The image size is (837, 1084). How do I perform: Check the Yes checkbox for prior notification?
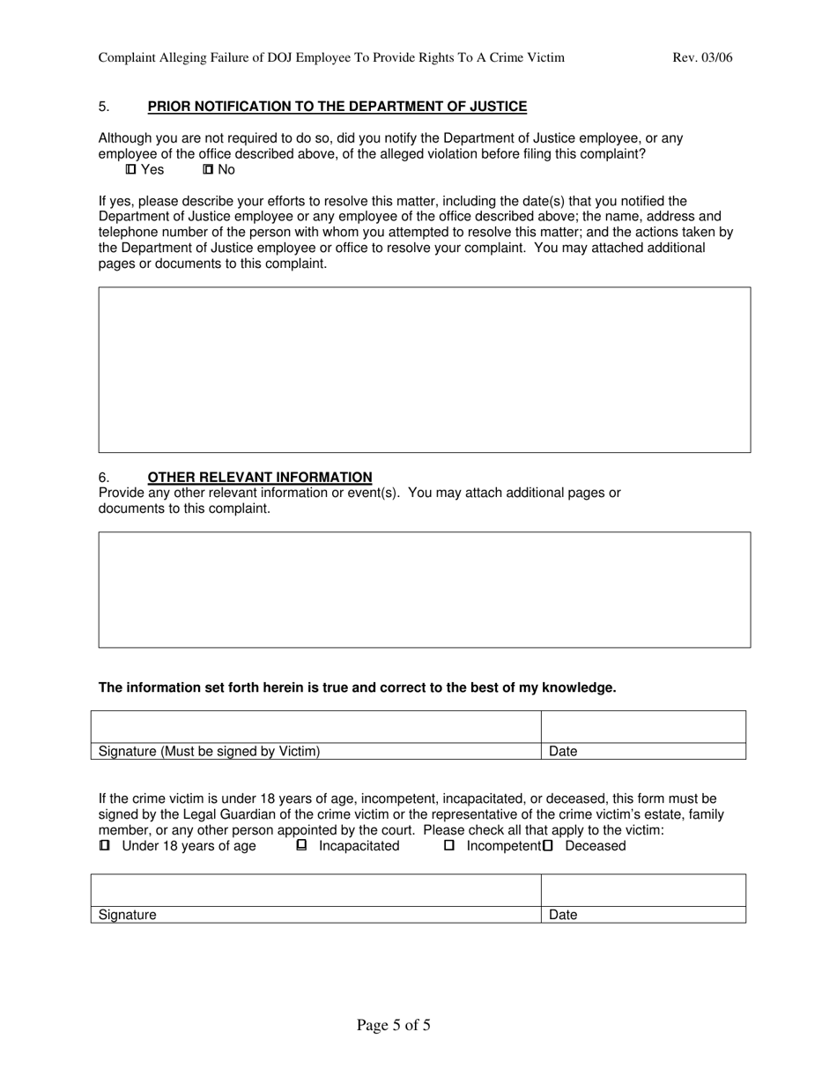click(x=131, y=169)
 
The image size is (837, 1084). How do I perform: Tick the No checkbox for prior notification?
click(x=209, y=169)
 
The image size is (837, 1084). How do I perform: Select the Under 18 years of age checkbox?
click(x=105, y=845)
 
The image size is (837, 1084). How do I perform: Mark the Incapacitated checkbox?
click(x=301, y=845)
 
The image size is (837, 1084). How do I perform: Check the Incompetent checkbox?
click(x=449, y=845)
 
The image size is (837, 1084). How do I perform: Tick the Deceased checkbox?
click(x=548, y=845)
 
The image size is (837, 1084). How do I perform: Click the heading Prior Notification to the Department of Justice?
click(x=337, y=107)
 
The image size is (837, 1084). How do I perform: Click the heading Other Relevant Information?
click(x=259, y=477)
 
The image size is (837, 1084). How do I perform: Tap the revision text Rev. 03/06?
click(x=702, y=58)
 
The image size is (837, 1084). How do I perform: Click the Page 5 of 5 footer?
click(x=393, y=1025)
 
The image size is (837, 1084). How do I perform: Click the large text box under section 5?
click(x=424, y=369)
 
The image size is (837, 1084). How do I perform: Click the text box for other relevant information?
click(x=424, y=590)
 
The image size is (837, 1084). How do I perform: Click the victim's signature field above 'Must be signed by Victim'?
click(x=315, y=727)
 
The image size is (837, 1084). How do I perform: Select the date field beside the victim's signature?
click(x=643, y=727)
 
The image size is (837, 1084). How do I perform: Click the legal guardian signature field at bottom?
click(x=315, y=890)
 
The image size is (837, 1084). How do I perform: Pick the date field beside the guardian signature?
click(x=643, y=890)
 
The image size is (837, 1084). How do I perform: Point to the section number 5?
click(x=104, y=107)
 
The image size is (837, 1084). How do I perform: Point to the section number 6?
click(x=104, y=477)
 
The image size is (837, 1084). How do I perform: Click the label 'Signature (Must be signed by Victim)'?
click(x=210, y=752)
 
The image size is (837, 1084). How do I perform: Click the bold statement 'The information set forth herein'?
click(x=357, y=687)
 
